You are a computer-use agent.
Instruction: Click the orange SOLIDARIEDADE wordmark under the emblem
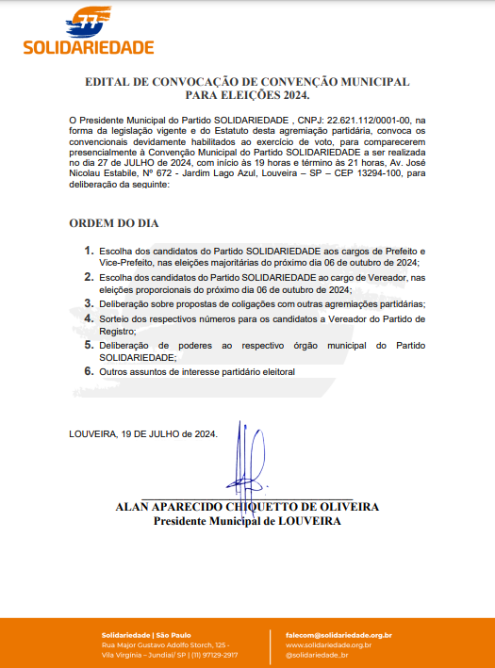[88, 47]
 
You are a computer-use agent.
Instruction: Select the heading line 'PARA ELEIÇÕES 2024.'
[247, 95]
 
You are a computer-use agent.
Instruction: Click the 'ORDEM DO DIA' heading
[114, 223]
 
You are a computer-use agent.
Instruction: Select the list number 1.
[90, 251]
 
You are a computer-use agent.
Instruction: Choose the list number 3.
[90, 303]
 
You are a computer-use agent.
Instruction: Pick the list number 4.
[90, 318]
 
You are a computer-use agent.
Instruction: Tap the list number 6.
[90, 371]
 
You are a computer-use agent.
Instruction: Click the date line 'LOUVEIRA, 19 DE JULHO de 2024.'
[143, 434]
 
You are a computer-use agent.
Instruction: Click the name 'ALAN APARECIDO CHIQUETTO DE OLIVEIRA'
[247, 507]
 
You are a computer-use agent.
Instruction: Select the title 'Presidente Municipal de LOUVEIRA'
[247, 520]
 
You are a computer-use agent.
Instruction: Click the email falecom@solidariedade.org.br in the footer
[338, 636]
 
